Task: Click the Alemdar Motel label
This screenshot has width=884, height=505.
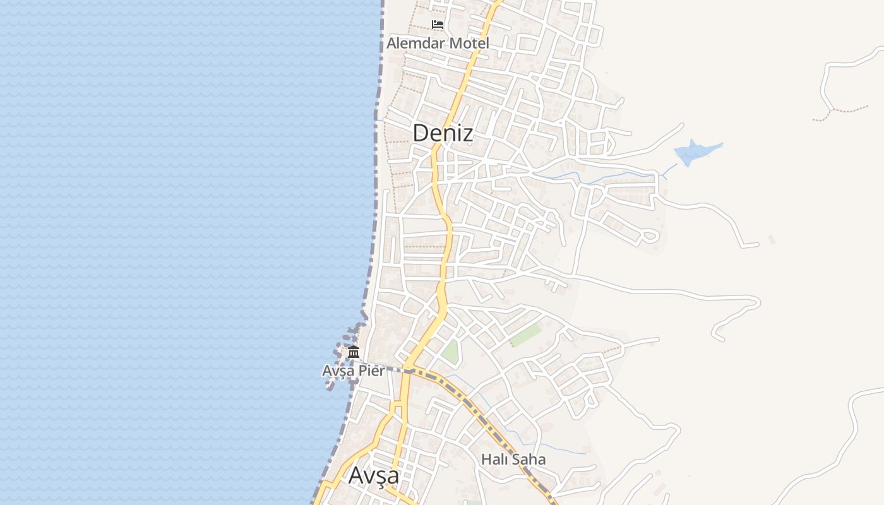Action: coord(438,44)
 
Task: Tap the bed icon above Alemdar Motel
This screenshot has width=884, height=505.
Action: coord(438,25)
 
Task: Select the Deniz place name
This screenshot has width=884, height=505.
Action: coord(443,133)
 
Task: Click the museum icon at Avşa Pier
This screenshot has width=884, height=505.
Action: coord(354,352)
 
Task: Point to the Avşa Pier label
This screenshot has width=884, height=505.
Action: coord(353,371)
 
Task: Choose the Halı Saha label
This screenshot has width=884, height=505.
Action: coord(513,460)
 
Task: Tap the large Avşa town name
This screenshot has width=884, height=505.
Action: coord(374,475)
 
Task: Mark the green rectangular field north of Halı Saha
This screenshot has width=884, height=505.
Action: coord(526,335)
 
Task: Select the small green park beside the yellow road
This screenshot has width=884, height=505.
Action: coord(450,352)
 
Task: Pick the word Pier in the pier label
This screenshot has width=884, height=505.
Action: coord(372,371)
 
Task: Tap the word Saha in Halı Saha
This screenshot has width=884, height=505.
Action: coord(529,460)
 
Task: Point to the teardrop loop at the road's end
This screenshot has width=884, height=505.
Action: coord(649,237)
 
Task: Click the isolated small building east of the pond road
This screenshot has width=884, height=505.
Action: coord(770,239)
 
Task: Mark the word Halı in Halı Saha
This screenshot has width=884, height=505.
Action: coord(494,460)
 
